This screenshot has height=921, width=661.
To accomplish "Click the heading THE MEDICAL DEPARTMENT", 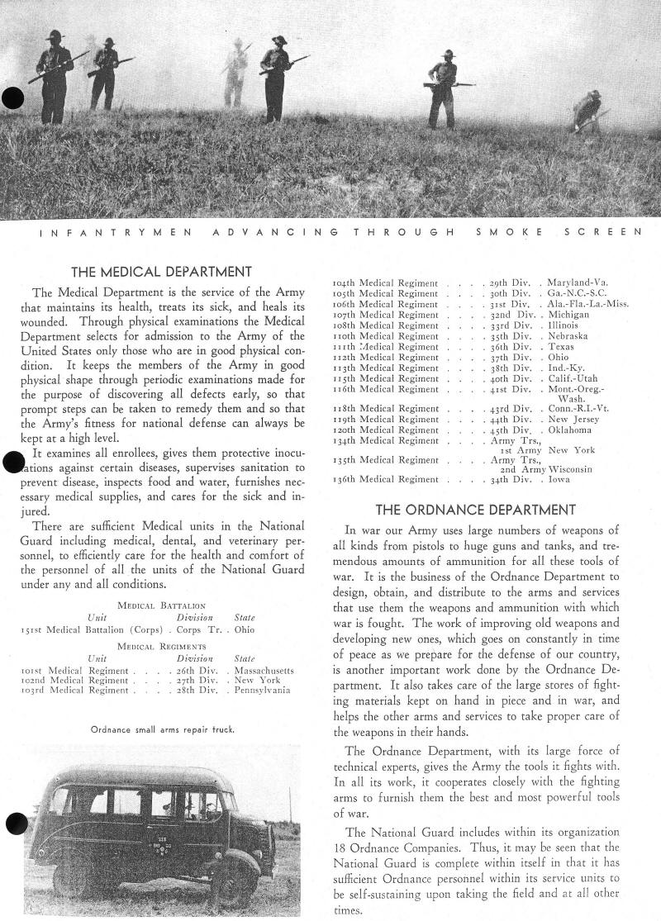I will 161,272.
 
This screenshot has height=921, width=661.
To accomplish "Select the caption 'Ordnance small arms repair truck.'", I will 163,729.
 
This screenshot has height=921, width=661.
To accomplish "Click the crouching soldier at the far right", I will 588,111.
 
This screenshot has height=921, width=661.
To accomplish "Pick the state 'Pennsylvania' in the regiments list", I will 262,690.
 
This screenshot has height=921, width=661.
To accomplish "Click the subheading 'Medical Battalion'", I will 162,605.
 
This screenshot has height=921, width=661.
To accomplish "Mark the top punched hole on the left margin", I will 12,98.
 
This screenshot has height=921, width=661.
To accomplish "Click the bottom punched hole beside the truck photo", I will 15,823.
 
